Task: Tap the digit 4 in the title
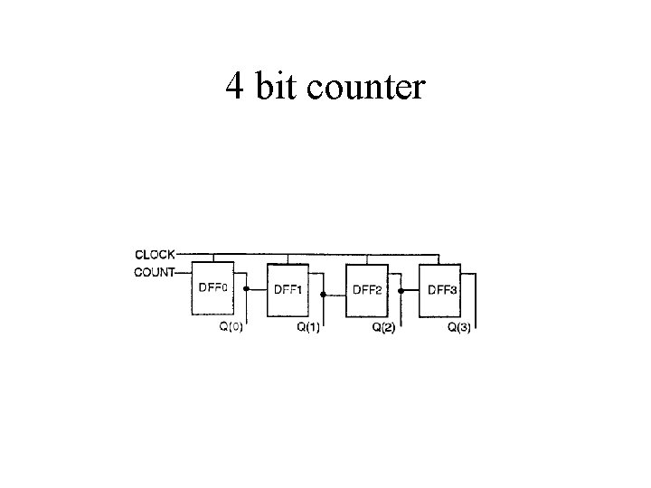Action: pyautogui.click(x=234, y=87)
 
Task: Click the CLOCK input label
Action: pyautogui.click(x=155, y=254)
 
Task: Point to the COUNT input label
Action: pyautogui.click(x=154, y=272)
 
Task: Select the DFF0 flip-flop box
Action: pyautogui.click(x=212, y=289)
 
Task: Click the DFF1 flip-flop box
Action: pyautogui.click(x=288, y=290)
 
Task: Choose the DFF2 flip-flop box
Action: pyautogui.click(x=366, y=290)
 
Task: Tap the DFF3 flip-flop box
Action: pyautogui.click(x=440, y=290)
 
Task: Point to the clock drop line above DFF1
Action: pyautogui.click(x=288, y=258)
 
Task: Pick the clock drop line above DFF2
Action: pyautogui.click(x=365, y=258)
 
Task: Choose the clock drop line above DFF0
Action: pyautogui.click(x=212, y=258)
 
